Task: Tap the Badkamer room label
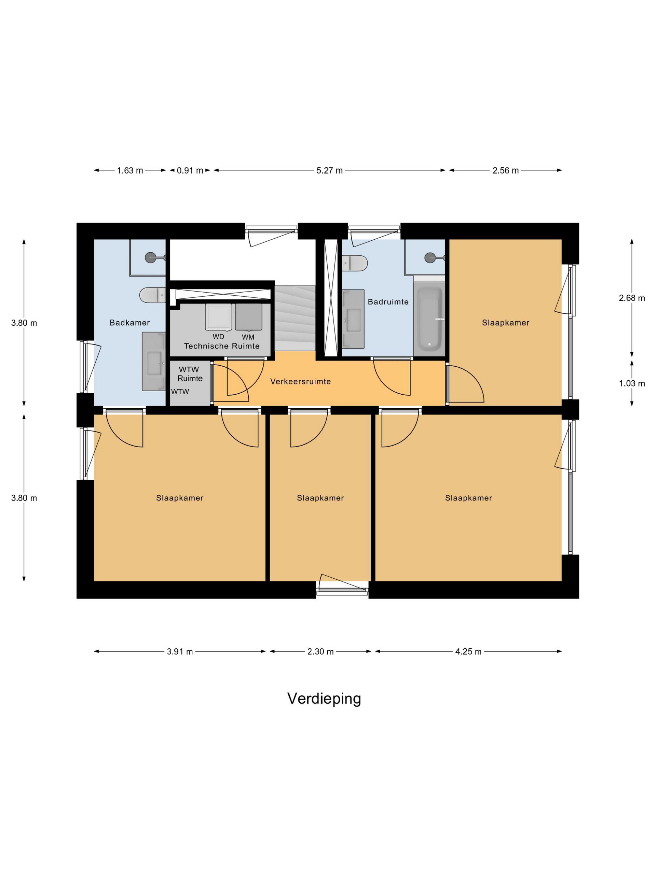point(130,323)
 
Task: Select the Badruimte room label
point(388,302)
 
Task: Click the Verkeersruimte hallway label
point(301,382)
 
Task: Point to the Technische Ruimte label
point(222,346)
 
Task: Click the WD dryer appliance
point(218,317)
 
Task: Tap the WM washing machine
point(248,317)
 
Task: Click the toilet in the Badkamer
point(152,295)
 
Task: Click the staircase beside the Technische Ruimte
point(295,318)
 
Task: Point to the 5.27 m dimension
point(329,171)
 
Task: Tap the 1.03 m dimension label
point(632,383)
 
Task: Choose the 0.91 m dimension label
point(190,171)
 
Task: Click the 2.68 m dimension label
point(632,298)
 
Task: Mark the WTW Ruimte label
point(190,374)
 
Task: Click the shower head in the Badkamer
point(151,258)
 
